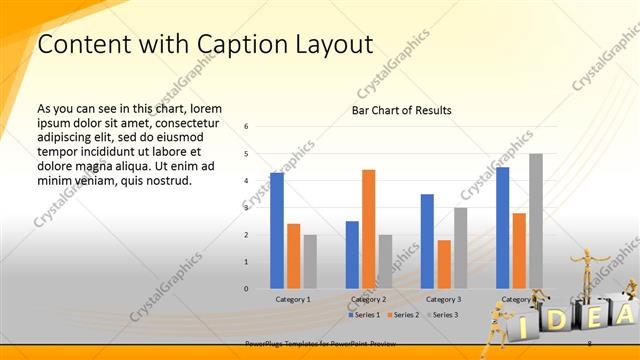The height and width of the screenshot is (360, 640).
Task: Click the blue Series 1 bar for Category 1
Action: tap(277, 231)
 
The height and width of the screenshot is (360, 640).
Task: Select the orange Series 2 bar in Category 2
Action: tap(368, 229)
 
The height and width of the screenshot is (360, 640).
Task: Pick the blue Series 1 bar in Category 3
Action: tap(427, 241)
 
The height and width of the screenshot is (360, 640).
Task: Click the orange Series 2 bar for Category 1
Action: tap(293, 256)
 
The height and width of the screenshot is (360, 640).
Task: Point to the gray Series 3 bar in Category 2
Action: tap(385, 262)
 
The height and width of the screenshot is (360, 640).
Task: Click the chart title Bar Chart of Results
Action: tap(401, 110)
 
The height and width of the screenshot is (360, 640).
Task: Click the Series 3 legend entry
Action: tap(441, 315)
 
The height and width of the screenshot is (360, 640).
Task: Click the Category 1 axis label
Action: tap(293, 299)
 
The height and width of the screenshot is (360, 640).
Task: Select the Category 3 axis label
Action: tap(443, 299)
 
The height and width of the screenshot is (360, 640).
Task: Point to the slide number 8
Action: tap(590, 343)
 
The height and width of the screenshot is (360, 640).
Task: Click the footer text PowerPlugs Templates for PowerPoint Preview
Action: tap(315, 343)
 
